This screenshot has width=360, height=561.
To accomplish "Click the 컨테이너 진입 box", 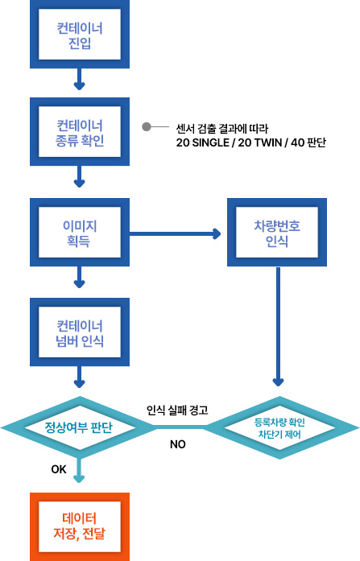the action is [80, 34].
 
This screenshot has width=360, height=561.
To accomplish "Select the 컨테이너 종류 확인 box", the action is [80, 132].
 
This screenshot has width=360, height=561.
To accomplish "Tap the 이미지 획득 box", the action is [80, 232].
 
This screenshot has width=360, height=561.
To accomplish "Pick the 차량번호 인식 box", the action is [277, 232].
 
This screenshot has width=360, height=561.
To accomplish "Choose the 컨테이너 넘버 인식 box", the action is [80, 332].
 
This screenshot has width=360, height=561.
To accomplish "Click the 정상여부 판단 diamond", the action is [79, 427].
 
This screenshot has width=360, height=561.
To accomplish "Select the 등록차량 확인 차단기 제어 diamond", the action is [279, 428].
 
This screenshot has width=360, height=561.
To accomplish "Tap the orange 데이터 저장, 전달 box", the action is [80, 526].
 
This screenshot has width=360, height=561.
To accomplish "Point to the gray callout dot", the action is [147, 126].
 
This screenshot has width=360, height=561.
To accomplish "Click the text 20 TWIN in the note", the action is [260, 142].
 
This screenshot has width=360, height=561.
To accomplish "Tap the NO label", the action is [177, 444].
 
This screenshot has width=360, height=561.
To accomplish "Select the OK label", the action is [59, 469].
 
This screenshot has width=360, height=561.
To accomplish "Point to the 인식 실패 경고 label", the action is [177, 410].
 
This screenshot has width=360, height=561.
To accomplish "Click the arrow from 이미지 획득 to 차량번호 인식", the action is [175, 234].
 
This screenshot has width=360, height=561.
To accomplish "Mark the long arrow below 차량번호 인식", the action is [278, 326].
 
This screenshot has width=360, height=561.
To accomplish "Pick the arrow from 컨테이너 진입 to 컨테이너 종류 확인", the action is [80, 79].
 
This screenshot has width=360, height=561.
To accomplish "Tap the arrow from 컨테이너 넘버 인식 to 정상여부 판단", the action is [80, 377].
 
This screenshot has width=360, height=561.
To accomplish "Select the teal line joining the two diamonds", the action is [180, 427].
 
